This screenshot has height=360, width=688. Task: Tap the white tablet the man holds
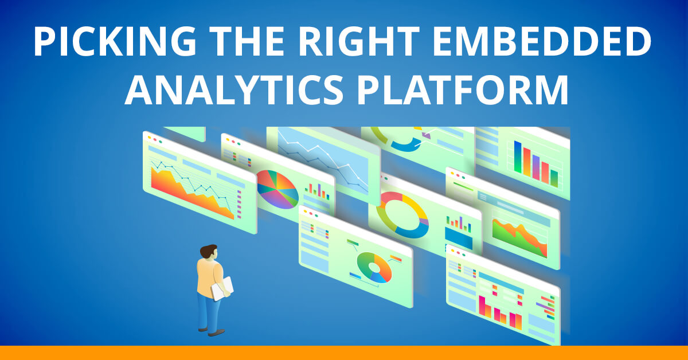(222, 288)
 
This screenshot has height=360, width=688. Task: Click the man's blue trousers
(208, 310)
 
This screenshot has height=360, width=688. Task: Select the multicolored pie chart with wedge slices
(277, 190)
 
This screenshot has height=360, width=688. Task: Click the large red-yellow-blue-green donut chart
(402, 214)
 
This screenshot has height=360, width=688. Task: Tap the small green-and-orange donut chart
(374, 267)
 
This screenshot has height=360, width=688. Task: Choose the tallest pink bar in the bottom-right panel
(482, 305)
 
